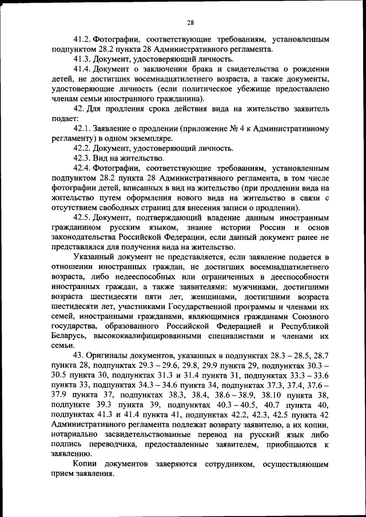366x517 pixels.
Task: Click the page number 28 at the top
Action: click(x=190, y=23)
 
